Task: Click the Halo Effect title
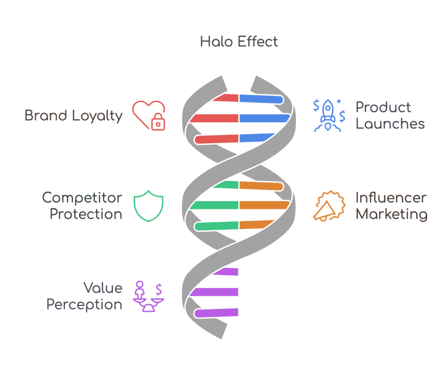[239, 42]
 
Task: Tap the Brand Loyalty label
[73, 116]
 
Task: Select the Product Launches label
[390, 116]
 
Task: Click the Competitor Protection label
[82, 206]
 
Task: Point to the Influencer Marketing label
[392, 206]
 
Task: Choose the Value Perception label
[84, 296]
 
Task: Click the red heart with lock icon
[149, 116]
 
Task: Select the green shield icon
[149, 206]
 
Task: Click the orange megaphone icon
[329, 206]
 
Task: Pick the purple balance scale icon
[149, 296]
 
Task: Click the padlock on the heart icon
[158, 122]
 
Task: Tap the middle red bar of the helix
[214, 118]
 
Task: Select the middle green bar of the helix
[214, 205]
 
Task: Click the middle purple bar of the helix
[214, 292]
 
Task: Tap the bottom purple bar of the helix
[216, 313]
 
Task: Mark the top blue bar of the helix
[261, 99]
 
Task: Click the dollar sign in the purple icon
[159, 289]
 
